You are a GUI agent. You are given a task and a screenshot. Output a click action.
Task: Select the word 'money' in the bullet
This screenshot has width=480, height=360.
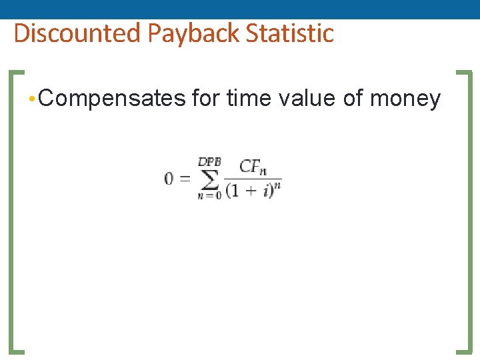tap(405, 99)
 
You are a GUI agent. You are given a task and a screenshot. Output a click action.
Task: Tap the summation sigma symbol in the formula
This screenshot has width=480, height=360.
tap(209, 179)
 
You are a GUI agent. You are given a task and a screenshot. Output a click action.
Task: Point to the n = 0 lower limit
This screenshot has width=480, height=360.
tap(209, 195)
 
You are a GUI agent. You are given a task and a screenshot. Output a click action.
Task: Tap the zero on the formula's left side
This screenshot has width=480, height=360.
tap(169, 179)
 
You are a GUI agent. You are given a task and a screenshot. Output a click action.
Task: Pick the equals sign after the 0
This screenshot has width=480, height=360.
tap(185, 179)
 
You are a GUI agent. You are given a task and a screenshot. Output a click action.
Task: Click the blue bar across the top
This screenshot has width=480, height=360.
tap(240, 9)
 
